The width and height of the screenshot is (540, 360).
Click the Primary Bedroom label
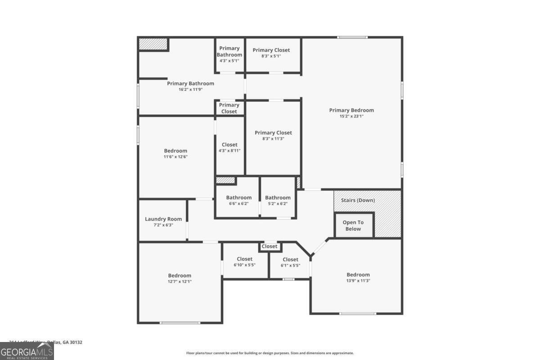(x=351, y=110)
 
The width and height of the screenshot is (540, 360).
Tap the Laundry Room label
(x=163, y=219)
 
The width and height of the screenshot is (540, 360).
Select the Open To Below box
(x=353, y=225)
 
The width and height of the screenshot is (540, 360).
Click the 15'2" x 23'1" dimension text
(x=351, y=116)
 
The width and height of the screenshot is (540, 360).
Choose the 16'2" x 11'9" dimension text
(x=190, y=90)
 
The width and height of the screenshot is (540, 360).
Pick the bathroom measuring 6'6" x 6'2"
(x=238, y=200)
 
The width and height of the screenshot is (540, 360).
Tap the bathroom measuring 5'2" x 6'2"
(x=278, y=200)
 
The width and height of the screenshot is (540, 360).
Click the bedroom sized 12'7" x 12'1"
(x=180, y=278)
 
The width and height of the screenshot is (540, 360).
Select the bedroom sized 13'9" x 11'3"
(x=358, y=277)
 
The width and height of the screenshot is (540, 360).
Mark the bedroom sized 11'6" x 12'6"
(x=175, y=153)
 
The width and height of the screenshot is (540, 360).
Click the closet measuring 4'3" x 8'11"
(x=229, y=147)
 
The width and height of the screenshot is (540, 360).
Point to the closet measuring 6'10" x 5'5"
(x=245, y=261)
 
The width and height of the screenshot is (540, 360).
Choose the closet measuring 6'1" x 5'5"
(x=290, y=262)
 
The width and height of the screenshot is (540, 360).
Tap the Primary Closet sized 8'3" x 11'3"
(x=273, y=135)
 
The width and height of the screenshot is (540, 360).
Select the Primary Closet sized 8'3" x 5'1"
(x=271, y=53)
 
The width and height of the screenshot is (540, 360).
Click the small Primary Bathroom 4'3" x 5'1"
(x=229, y=54)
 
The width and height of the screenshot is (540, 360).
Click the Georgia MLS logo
(x=27, y=351)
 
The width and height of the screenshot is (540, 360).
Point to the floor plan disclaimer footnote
(x=270, y=353)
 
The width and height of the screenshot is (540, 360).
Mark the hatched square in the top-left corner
(x=153, y=44)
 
